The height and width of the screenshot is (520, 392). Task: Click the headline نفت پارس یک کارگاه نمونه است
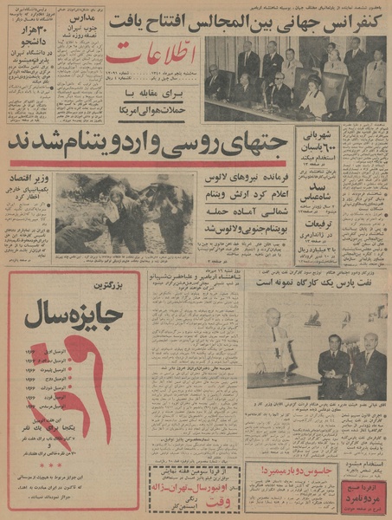[317, 282]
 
